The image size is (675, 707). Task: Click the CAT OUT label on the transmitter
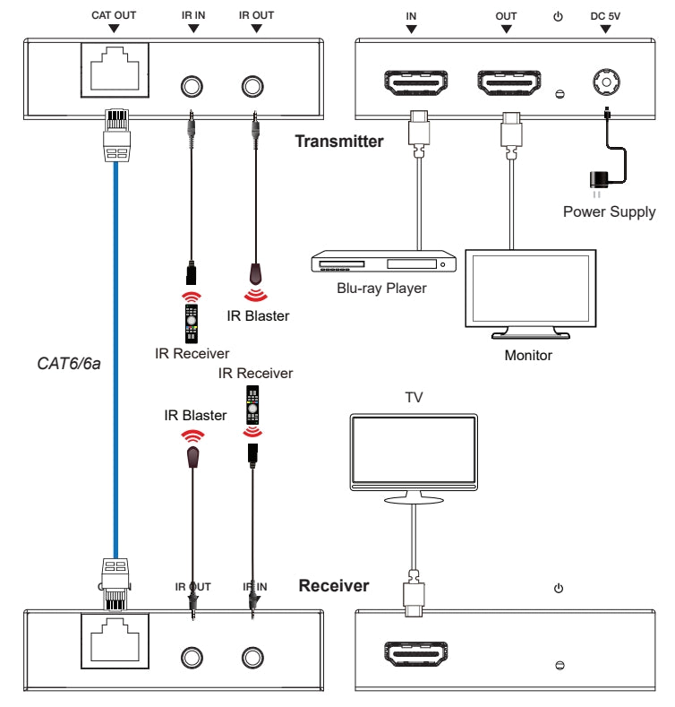pyautogui.click(x=112, y=15)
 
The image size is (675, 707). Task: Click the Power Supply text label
pyautogui.click(x=609, y=212)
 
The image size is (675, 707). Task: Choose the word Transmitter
pyautogui.click(x=340, y=141)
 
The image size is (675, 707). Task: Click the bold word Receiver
pyautogui.click(x=333, y=586)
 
